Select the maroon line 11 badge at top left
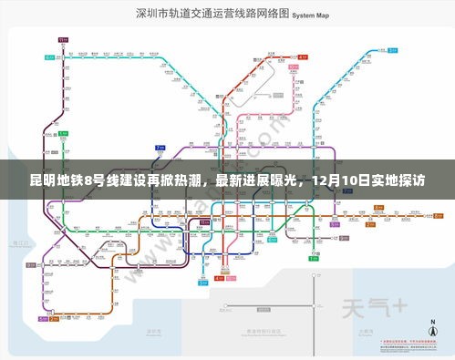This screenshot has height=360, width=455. pyautogui.click(x=61, y=41)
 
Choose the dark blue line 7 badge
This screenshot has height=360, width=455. pyautogui.click(x=160, y=148)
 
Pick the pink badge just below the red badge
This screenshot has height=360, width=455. pyautogui.click(x=301, y=67)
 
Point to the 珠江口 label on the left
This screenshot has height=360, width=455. pyautogui.click(x=16, y=242)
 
